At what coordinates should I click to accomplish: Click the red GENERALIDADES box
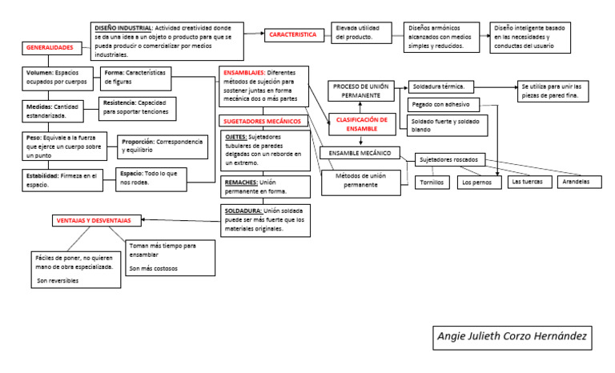point(50,48)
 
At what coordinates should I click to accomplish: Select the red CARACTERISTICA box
point(293,35)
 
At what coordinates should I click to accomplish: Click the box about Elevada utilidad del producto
point(364,32)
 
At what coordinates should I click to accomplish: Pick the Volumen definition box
point(57,77)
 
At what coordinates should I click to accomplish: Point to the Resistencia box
point(137,107)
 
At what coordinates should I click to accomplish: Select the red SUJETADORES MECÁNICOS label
point(262,121)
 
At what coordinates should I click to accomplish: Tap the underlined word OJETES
point(237,137)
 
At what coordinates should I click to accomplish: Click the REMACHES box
point(264,186)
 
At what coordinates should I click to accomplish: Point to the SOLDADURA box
point(264,219)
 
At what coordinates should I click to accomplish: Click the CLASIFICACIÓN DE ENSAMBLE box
point(361,123)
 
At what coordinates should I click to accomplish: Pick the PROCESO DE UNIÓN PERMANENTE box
point(361,90)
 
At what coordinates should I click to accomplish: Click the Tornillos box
point(432,182)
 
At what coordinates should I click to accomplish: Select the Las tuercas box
point(527,182)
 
